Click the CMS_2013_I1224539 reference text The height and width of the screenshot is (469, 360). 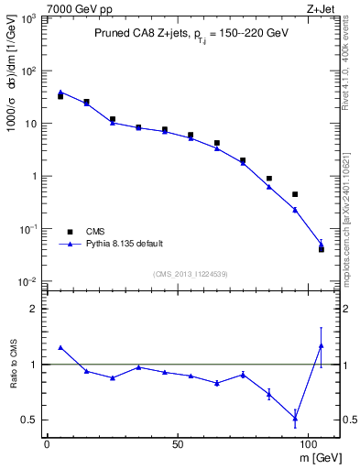coord(190,274)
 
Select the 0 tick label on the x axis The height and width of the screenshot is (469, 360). coord(47,442)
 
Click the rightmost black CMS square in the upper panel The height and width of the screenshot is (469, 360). coord(322,249)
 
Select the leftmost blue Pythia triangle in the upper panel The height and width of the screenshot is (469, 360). coord(60,92)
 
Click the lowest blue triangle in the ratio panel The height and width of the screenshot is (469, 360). coord(295,418)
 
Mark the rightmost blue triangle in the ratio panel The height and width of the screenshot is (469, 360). coord(322,345)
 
